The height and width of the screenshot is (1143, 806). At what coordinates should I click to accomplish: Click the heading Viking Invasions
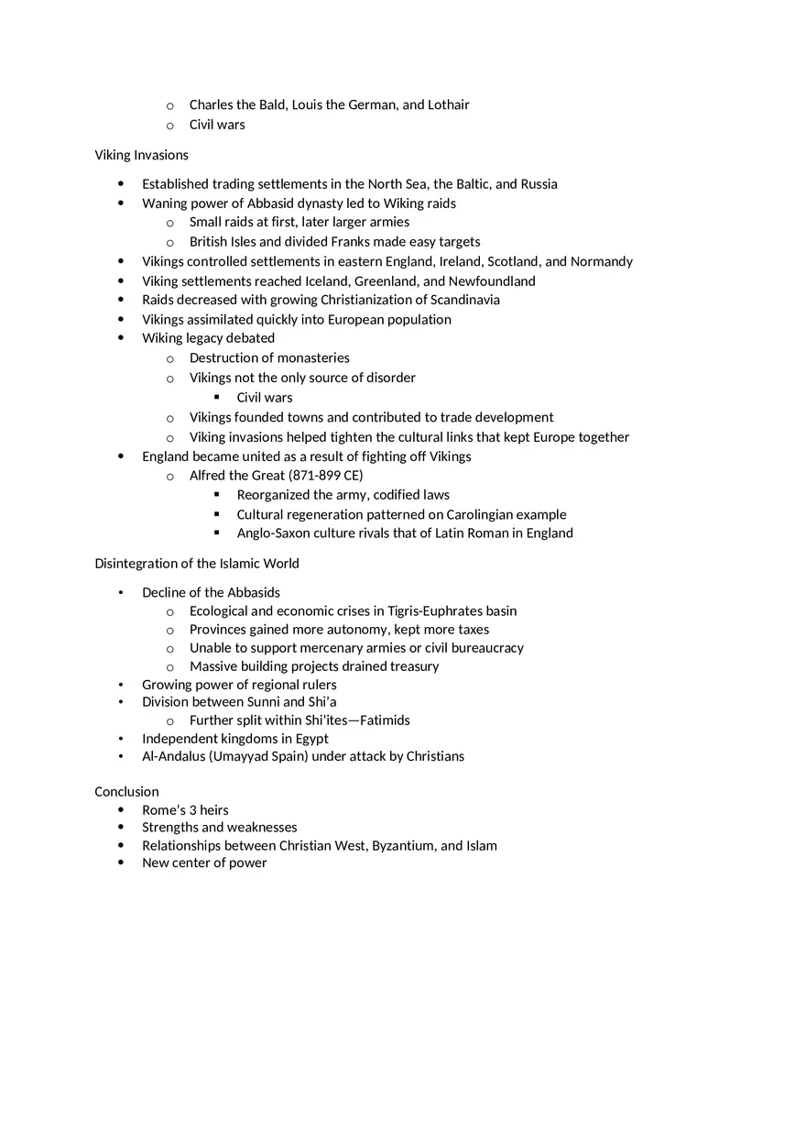(x=141, y=155)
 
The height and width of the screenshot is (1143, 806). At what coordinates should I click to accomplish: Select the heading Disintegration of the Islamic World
(x=196, y=564)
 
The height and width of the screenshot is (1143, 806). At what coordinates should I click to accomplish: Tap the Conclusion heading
(x=126, y=792)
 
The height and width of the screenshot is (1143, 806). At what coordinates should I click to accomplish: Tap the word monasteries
(x=313, y=358)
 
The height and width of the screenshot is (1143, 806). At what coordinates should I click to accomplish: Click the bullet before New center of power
(x=121, y=863)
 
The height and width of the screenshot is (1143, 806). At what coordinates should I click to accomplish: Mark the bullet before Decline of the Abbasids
(x=121, y=593)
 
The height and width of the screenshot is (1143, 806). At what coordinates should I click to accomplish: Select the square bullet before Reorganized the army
(x=217, y=495)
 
